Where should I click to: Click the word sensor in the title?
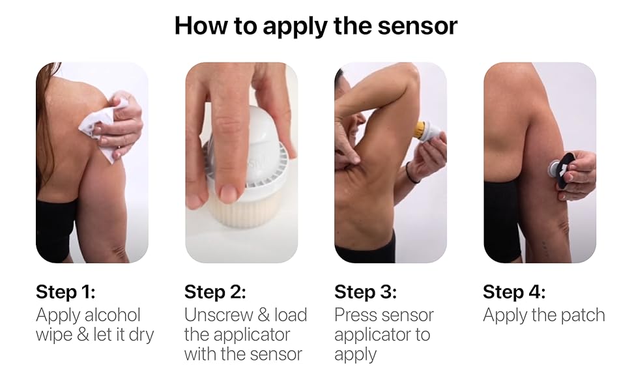(x=417, y=26)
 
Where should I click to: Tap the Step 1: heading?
(x=66, y=292)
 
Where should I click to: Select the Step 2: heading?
(x=215, y=292)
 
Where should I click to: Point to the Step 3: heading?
(x=366, y=292)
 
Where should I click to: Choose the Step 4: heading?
(x=514, y=292)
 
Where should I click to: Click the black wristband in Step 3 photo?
(x=410, y=173)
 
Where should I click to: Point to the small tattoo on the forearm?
(x=544, y=246)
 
